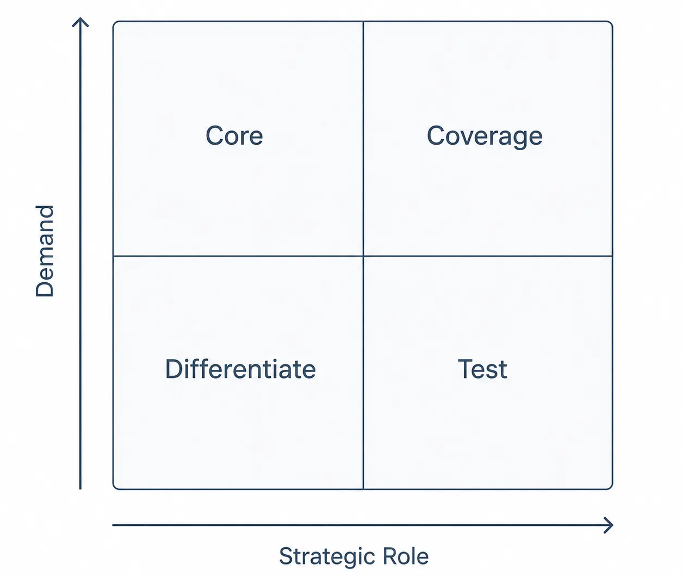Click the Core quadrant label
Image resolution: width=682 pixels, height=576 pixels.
234,135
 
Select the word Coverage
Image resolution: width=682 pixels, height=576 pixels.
485,136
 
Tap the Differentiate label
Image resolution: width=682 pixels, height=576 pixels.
241,369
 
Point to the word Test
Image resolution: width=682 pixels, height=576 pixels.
482,369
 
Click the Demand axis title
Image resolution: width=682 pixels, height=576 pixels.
45,251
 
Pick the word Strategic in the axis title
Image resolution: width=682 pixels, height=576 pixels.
327,556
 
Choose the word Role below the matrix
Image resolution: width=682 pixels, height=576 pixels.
406,556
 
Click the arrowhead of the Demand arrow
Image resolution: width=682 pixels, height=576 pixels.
80,19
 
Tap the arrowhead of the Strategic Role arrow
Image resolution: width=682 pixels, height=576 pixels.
612,525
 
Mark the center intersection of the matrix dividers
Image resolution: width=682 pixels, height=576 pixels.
363,256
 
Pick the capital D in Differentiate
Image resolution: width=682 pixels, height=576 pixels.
174,369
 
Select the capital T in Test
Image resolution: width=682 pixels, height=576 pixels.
465,369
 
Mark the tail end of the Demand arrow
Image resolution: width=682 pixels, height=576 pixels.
80,489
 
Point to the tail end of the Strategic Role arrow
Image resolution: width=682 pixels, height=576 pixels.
113,525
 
